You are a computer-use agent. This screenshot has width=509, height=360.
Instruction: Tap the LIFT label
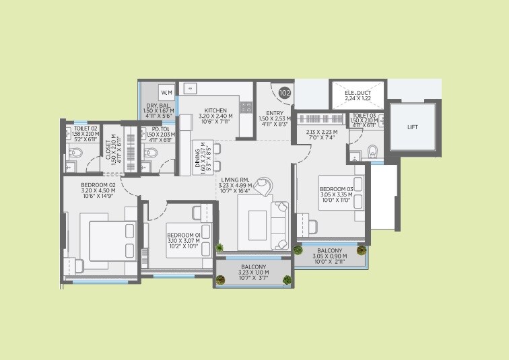tap(413, 127)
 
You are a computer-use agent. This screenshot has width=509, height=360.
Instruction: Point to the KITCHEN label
tap(216, 110)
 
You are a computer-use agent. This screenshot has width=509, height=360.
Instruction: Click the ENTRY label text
tap(275, 113)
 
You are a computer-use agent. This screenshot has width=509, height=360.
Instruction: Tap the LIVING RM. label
tap(235, 180)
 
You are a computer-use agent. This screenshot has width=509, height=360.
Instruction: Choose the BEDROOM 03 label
tap(337, 189)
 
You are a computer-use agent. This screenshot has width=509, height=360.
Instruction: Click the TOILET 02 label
tap(86, 127)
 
